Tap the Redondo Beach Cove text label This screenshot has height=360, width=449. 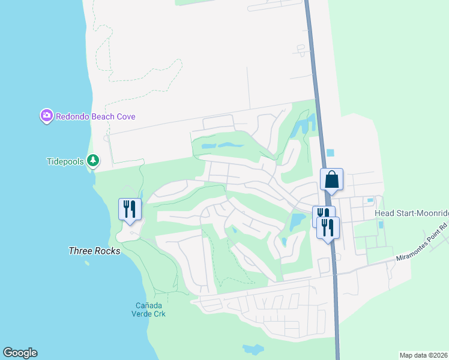95,116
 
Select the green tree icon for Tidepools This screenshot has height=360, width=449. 92,160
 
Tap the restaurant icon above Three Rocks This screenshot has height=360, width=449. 130,209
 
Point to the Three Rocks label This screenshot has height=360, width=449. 94,251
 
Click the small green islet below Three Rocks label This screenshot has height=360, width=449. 88,262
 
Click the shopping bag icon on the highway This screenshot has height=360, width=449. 331,179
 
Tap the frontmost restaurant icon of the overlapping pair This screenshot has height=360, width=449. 328,227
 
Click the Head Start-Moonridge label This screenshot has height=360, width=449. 411,214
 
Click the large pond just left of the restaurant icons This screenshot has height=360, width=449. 297,222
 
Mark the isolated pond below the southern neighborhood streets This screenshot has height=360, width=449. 253,349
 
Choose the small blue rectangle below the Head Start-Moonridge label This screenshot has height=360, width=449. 381,225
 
